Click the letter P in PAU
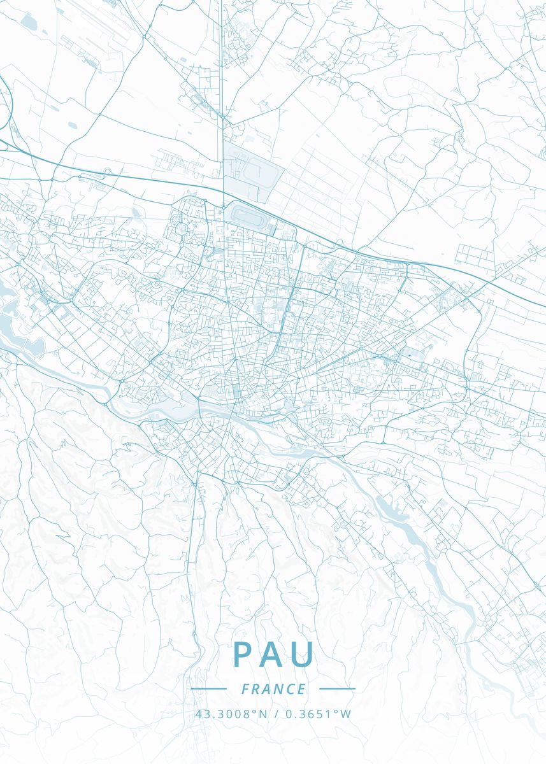(243, 654)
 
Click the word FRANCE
(273, 689)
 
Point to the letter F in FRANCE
(245, 689)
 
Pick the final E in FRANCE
(302, 689)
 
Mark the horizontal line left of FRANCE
(208, 689)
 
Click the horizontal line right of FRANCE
(336, 689)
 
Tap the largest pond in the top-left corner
(29, 22)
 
